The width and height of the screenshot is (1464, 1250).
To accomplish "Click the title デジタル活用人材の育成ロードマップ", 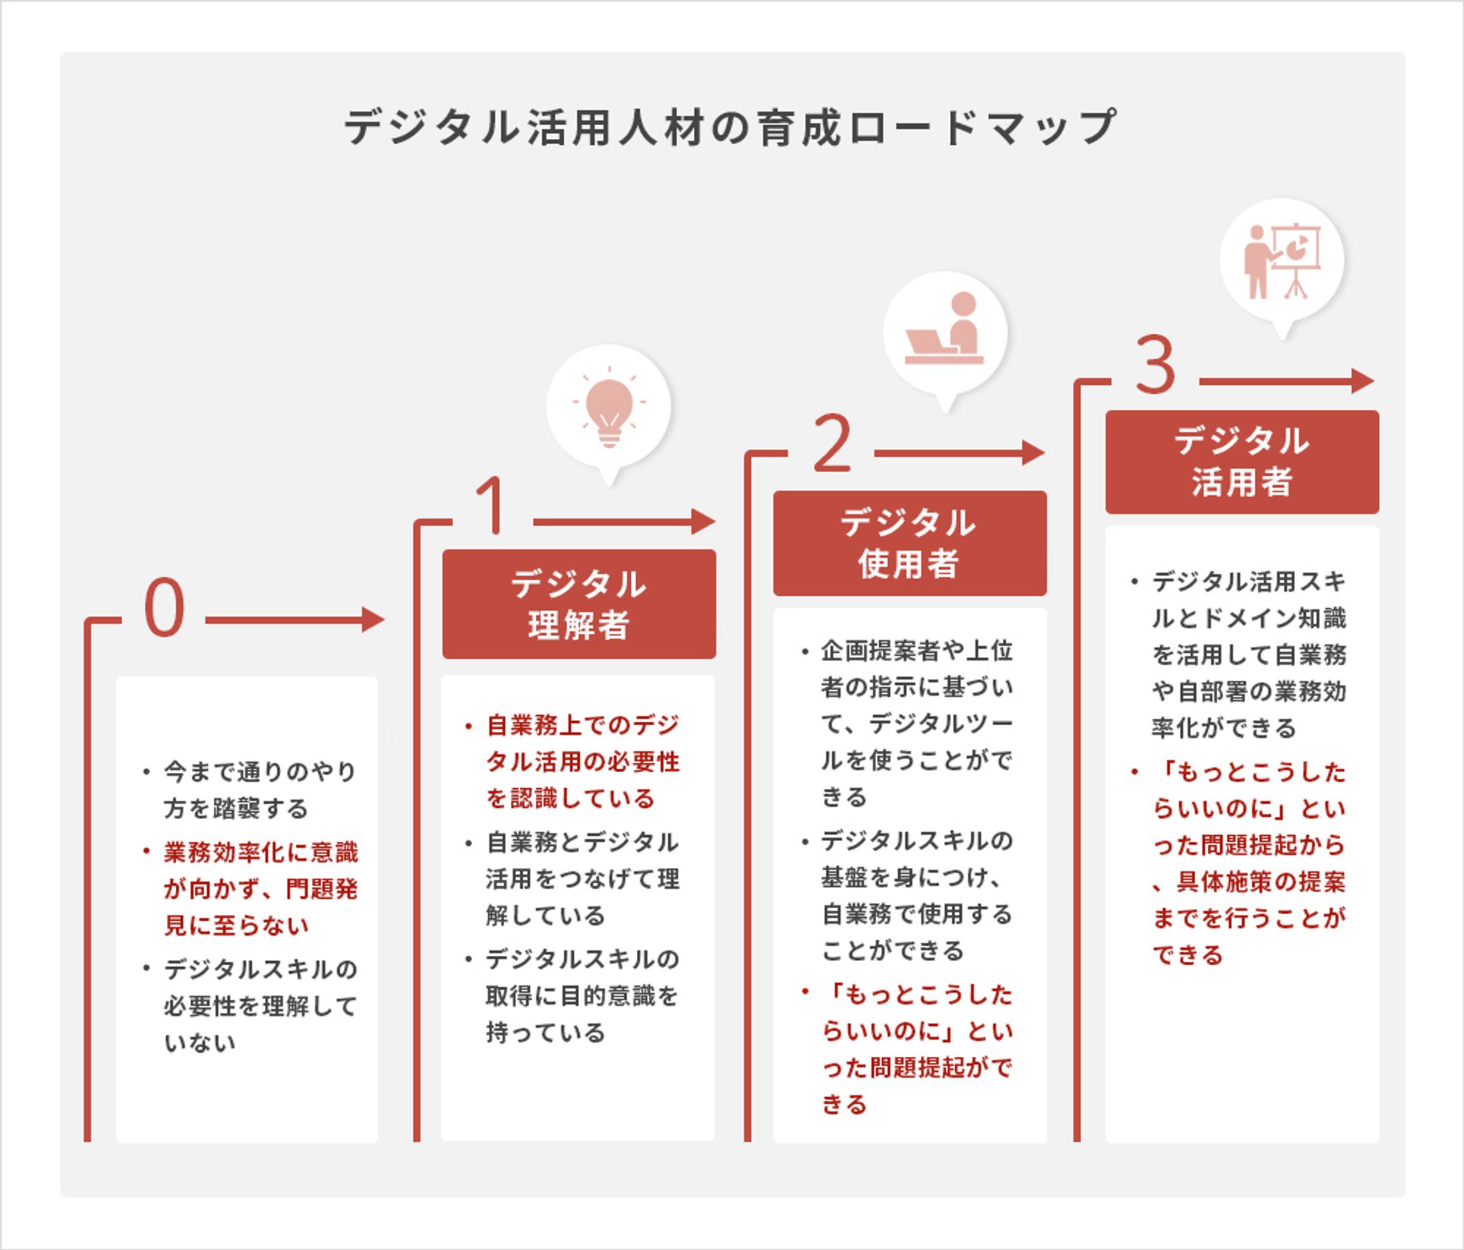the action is click(x=731, y=128).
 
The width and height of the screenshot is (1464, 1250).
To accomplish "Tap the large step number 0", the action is click(x=164, y=608).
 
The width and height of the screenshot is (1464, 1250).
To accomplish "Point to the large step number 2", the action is click(x=832, y=443).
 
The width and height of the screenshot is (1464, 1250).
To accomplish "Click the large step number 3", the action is click(x=1156, y=365).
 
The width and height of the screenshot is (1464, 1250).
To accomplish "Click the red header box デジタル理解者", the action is click(x=578, y=604).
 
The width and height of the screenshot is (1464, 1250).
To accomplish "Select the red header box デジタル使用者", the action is click(x=910, y=544).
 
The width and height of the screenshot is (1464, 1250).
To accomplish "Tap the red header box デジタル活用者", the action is click(x=1242, y=462).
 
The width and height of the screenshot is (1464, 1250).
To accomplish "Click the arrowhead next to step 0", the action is click(x=374, y=620).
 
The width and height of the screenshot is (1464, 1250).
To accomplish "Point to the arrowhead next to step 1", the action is click(x=704, y=522).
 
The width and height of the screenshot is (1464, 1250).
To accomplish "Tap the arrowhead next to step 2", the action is click(x=1034, y=453).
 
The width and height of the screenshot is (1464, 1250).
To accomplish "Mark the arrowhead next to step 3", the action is click(x=1363, y=381).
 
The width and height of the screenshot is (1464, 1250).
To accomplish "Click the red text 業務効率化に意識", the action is click(x=261, y=852).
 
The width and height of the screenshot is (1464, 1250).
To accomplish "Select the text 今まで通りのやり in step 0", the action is click(x=261, y=771).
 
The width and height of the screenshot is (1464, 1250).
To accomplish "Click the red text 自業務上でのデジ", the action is click(x=583, y=725).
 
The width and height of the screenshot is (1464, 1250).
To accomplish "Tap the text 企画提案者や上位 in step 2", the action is click(x=917, y=651).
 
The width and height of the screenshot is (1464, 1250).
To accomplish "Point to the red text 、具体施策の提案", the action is click(x=1249, y=882).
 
